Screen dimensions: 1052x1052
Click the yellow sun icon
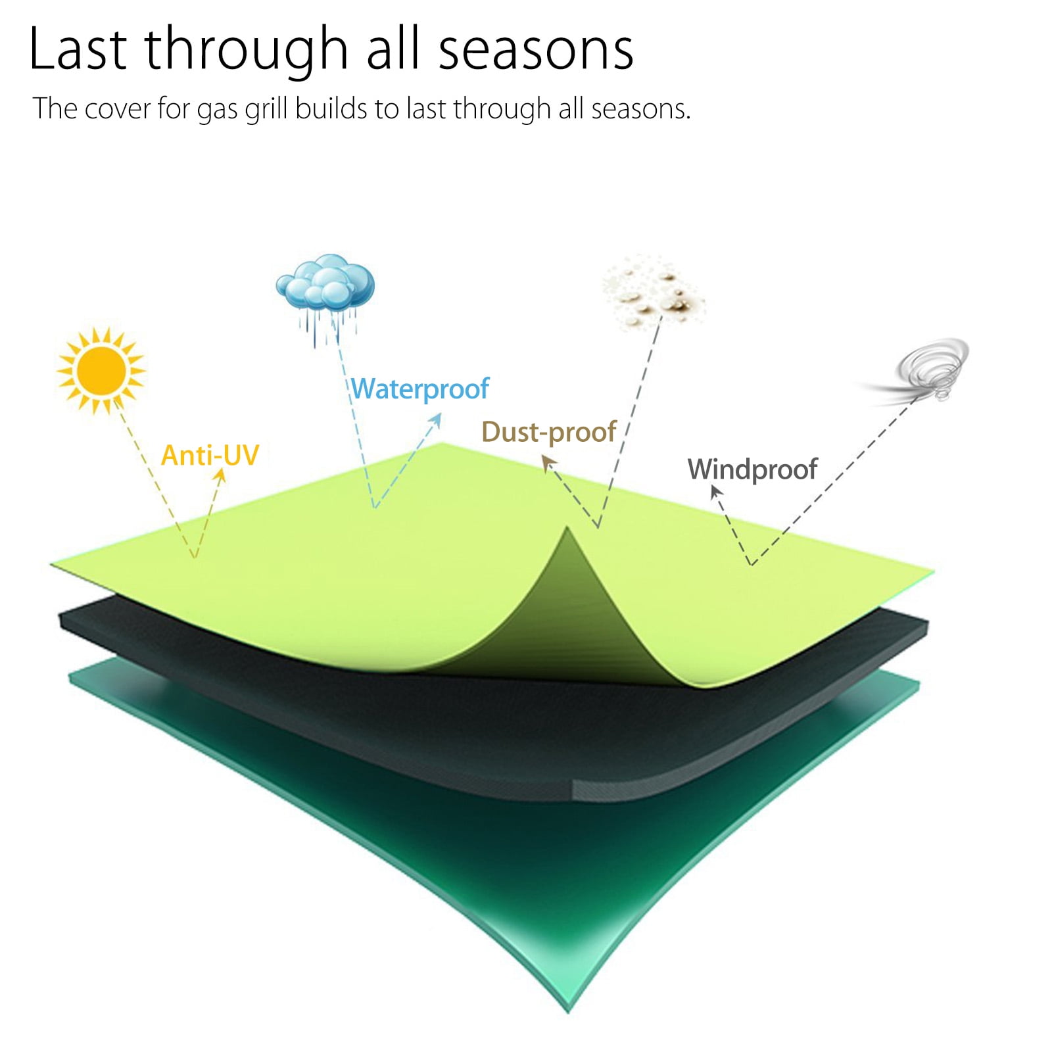coord(101,371)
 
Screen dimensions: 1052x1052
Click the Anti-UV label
coord(210,455)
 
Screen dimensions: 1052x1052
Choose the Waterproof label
coord(420,389)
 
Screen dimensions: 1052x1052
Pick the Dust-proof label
coord(549,432)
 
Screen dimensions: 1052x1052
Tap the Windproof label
coord(752,469)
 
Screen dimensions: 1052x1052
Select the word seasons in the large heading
coord(536,50)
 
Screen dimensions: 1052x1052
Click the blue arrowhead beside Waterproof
coord(435,422)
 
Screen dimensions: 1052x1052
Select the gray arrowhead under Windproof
coord(717,492)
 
